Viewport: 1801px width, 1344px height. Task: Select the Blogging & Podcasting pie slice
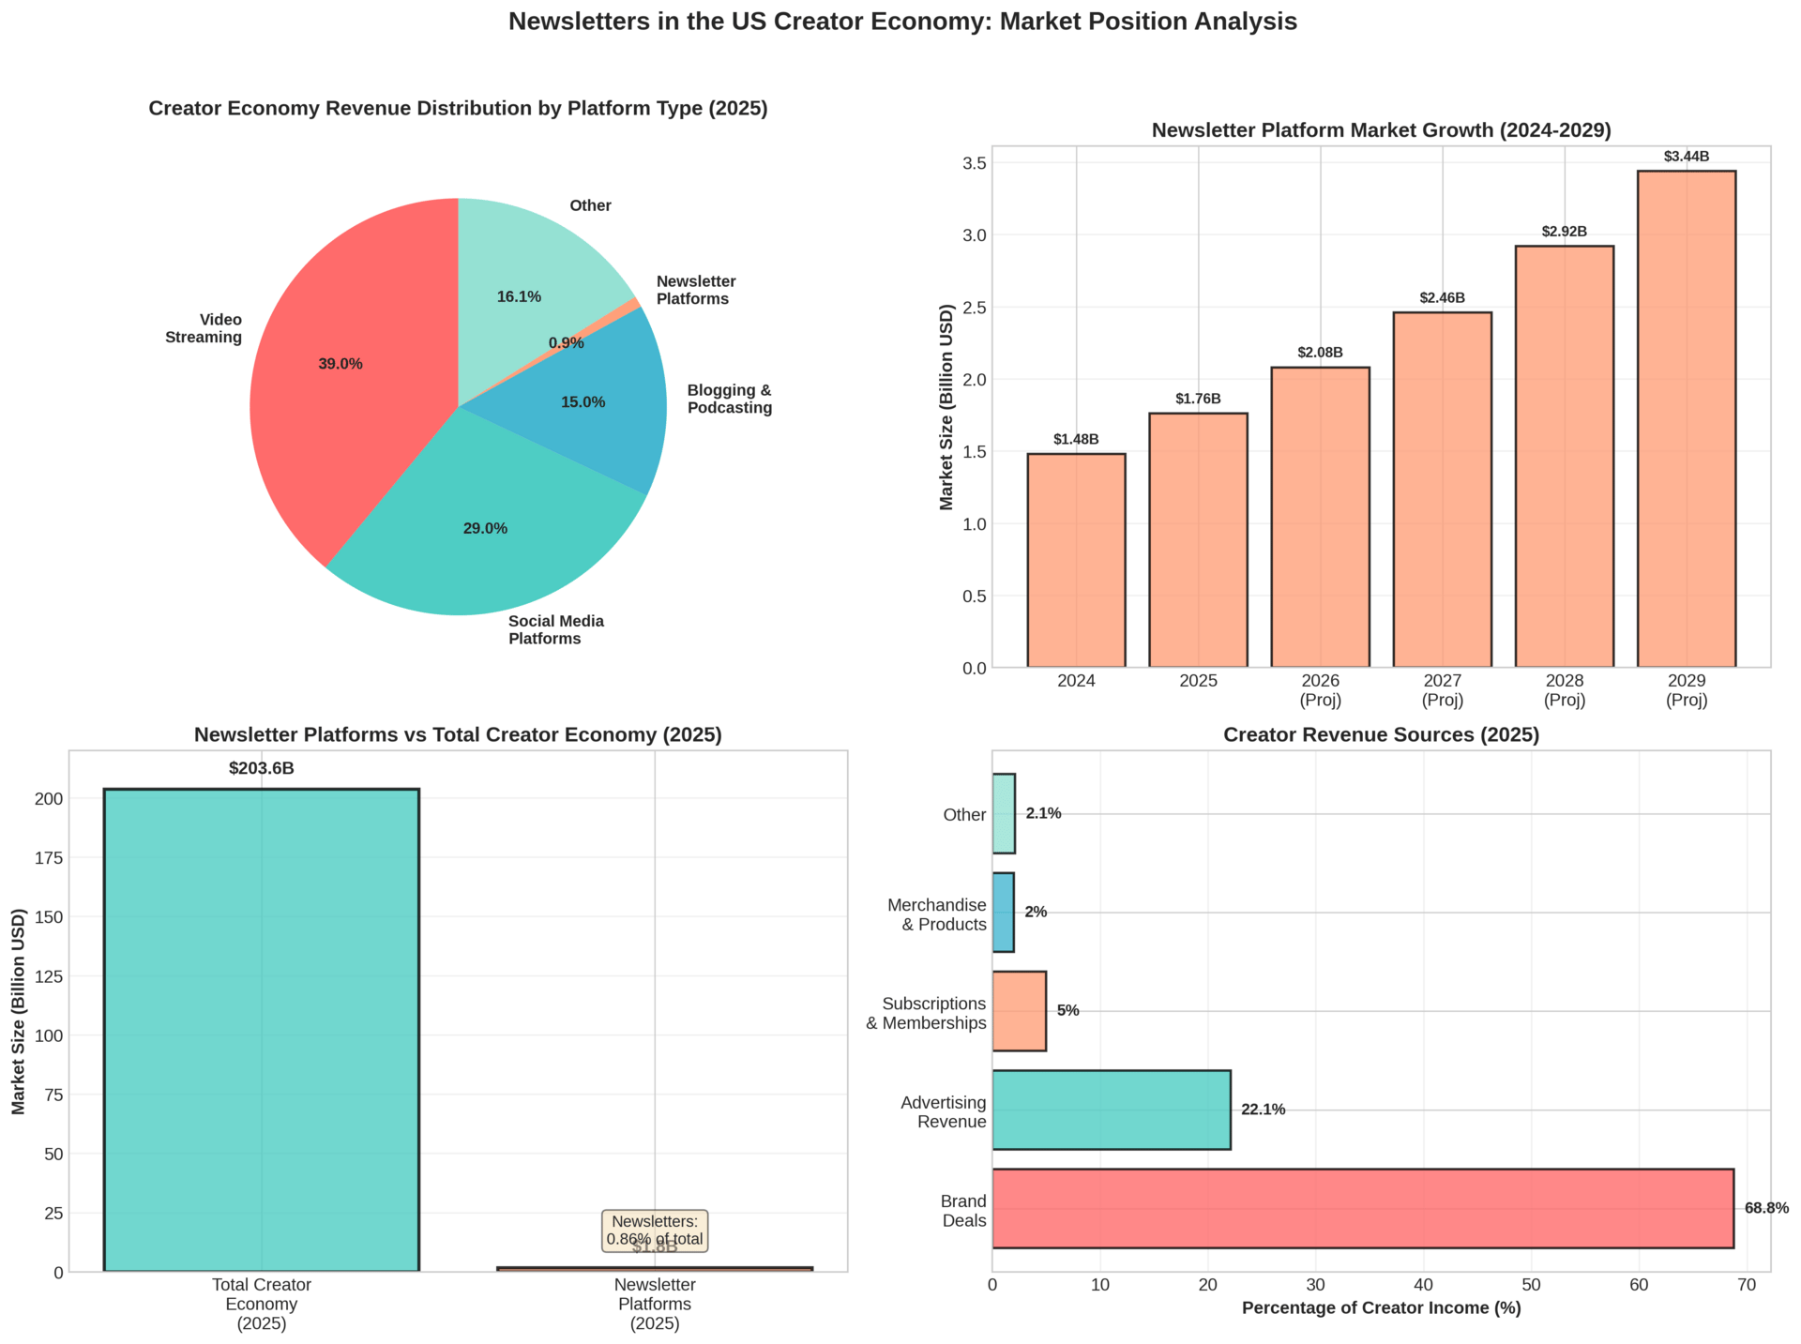click(x=600, y=403)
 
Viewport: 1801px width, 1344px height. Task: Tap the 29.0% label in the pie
click(x=485, y=529)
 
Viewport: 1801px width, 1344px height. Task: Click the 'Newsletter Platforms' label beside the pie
click(x=696, y=291)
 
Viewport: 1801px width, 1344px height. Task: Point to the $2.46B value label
click(x=1442, y=298)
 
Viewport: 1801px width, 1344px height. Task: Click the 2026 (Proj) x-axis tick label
click(x=1320, y=690)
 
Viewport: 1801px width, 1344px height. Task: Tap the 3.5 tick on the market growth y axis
click(x=1000, y=163)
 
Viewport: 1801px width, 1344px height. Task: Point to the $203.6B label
click(x=261, y=769)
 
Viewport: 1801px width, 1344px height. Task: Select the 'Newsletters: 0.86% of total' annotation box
click(x=655, y=1231)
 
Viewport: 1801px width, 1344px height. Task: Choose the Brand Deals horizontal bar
click(x=1362, y=1208)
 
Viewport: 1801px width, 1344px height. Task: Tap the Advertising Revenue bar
click(x=1111, y=1110)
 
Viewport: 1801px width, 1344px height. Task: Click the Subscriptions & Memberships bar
click(x=1019, y=1011)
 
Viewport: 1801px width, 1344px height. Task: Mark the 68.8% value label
click(x=1766, y=1209)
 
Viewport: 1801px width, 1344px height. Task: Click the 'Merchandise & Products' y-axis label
click(x=936, y=914)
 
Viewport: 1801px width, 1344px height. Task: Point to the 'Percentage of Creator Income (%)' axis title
click(x=1381, y=1308)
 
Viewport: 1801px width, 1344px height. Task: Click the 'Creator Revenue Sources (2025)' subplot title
click(x=1381, y=735)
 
